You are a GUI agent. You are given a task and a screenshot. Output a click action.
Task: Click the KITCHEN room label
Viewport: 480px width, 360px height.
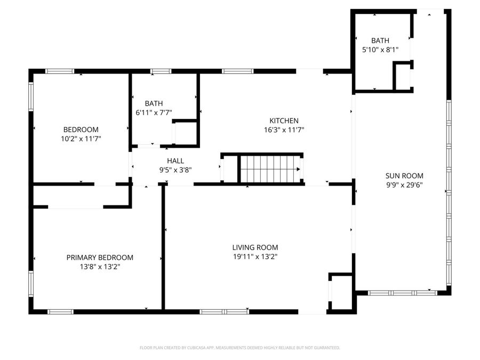(284, 121)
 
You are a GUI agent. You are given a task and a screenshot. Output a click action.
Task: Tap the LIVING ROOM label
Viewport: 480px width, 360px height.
(255, 247)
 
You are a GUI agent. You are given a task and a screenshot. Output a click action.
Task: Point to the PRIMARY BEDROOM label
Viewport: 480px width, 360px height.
(100, 258)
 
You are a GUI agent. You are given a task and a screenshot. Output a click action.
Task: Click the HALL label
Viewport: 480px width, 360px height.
(175, 161)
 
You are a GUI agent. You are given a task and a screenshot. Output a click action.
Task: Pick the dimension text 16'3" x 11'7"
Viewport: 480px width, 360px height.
(284, 130)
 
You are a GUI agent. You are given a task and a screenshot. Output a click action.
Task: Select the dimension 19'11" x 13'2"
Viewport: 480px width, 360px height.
(255, 257)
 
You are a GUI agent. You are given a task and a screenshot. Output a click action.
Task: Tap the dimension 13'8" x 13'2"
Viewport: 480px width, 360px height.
(100, 266)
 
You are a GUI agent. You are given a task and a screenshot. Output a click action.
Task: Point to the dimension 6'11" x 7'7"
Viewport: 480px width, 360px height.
(154, 112)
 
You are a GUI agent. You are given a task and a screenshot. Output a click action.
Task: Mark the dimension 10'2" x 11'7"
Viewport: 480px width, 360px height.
(81, 138)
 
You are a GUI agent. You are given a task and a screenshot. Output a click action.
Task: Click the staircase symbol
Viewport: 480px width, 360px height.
(270, 169)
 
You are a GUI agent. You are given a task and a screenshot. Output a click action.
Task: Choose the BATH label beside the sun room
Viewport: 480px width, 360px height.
(380, 41)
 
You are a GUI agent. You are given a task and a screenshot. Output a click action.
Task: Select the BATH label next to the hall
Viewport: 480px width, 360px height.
(154, 103)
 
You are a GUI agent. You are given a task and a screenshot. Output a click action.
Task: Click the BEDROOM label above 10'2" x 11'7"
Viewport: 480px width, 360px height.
(81, 130)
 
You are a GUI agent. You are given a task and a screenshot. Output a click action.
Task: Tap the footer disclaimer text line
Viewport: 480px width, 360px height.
(239, 348)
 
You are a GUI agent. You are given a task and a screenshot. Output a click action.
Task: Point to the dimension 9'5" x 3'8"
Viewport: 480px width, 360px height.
(175, 170)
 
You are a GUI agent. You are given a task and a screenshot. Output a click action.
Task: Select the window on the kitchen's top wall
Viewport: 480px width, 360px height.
(237, 71)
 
